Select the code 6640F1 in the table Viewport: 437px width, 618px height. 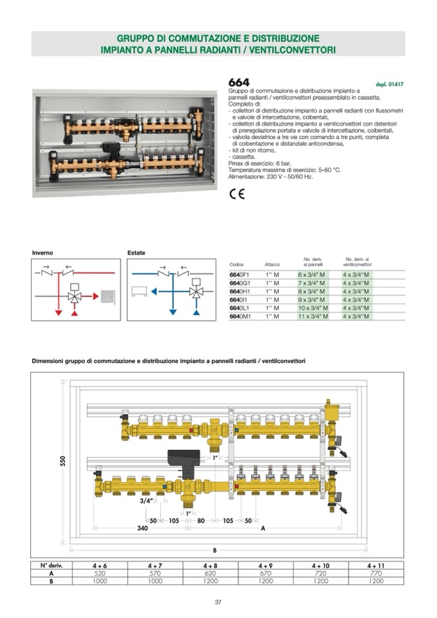click(x=240, y=275)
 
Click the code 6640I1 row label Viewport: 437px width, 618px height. click(x=239, y=300)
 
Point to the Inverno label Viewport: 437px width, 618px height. click(x=43, y=253)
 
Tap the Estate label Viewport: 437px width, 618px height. click(x=136, y=253)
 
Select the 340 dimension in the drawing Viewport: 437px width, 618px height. click(x=142, y=528)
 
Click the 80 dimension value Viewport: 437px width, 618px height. click(x=201, y=520)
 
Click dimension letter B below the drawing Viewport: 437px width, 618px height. click(x=215, y=550)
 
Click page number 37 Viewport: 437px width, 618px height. click(x=218, y=602)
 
